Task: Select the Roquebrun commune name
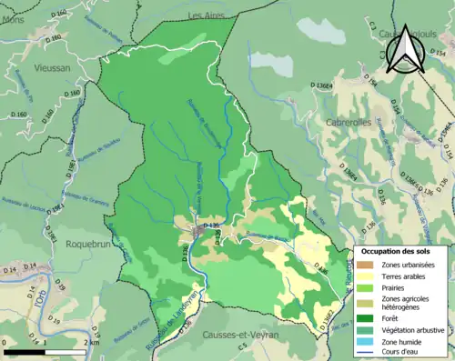tap(87, 244)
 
